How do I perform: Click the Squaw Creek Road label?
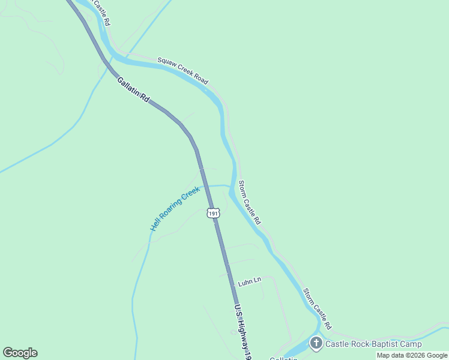pos(182,70)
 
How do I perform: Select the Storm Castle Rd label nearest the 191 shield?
pos(250,202)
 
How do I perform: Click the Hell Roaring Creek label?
pos(175,209)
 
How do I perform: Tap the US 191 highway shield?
pos(214,213)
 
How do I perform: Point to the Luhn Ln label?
pos(250,281)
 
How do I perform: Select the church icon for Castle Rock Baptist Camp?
pos(316,343)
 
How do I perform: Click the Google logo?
pos(20,353)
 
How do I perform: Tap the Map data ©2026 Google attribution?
pos(412,356)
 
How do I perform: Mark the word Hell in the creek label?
pos(155,226)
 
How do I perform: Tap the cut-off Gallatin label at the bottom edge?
pos(283,358)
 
